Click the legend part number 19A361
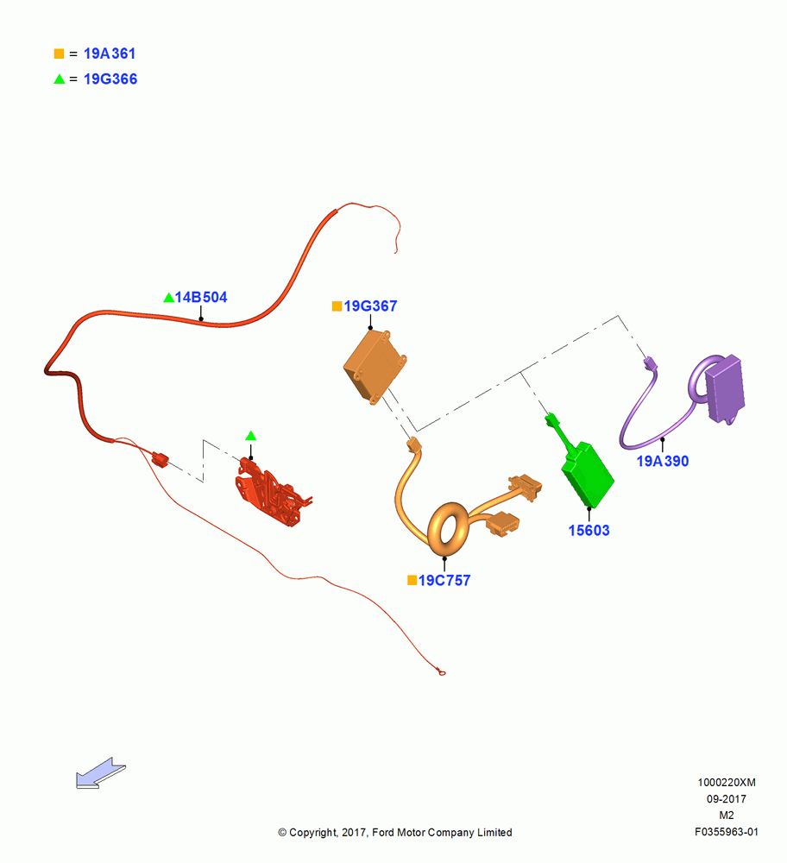coord(110,54)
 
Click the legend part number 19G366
coord(110,79)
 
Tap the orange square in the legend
coord(59,54)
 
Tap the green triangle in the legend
coord(59,79)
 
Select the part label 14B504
coord(201,297)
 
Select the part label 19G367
coord(370,306)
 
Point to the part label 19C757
coord(444,581)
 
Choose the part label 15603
coord(589,531)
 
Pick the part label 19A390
coord(663,461)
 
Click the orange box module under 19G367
coord(375,366)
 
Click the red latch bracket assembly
coord(271,492)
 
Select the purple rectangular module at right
coord(726,389)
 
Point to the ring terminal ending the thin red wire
coord(441,672)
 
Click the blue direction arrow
coord(100,772)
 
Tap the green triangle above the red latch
coord(251,436)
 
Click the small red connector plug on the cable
coord(161,459)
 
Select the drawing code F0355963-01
coord(727,832)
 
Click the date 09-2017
coord(727,799)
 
